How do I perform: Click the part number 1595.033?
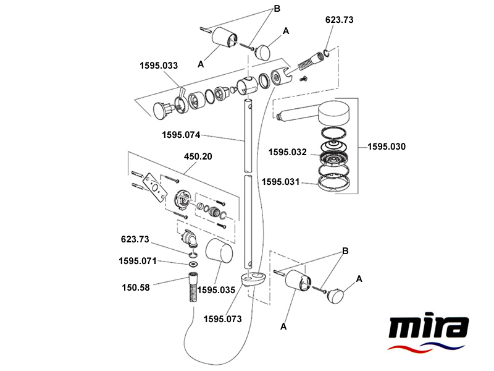tap(159, 64)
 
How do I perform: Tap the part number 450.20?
tap(198, 156)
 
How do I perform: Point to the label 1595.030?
tap(387, 147)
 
